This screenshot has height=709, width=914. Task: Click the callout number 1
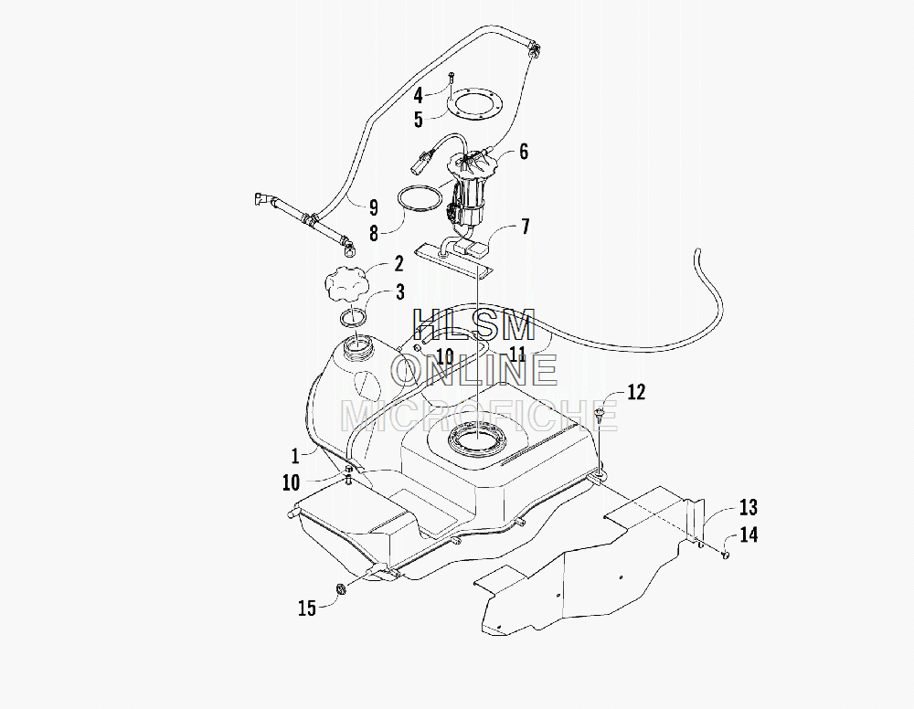tap(295, 456)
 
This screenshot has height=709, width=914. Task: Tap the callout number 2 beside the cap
tap(399, 263)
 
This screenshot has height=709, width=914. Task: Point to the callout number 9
tap(374, 206)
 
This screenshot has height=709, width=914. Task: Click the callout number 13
tap(749, 507)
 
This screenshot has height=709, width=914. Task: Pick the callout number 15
tap(307, 608)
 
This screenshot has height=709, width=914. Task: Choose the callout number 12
tap(636, 391)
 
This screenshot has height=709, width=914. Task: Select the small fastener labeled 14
tap(726, 555)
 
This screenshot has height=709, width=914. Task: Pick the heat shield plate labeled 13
tap(589, 559)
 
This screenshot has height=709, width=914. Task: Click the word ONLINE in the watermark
tap(473, 370)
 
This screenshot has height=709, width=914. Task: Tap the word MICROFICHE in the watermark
tap(478, 415)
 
